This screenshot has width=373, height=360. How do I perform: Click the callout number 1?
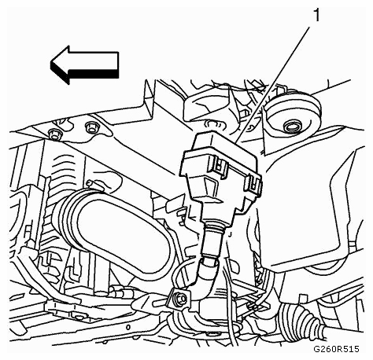[x=317, y=15]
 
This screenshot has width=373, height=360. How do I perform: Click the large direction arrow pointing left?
[x=84, y=65]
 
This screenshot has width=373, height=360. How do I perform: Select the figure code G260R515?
[x=336, y=349]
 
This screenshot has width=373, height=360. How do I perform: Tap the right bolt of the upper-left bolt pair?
[x=91, y=127]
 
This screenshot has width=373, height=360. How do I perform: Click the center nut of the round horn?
[x=291, y=127]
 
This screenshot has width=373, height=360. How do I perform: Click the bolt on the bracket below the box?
[x=181, y=298]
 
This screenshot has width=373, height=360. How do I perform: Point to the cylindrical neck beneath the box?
[x=215, y=237]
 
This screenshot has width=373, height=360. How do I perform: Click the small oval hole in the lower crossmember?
[x=128, y=327]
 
